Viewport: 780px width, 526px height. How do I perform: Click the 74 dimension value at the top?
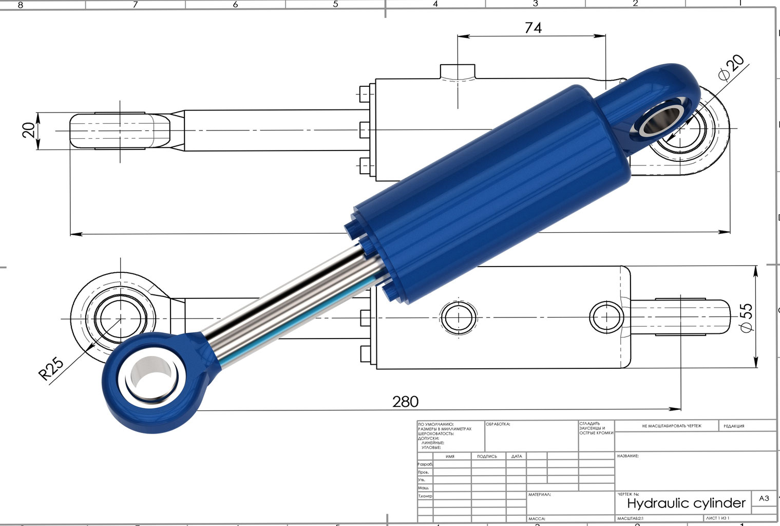tap(533, 28)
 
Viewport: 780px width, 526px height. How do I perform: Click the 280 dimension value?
tap(405, 401)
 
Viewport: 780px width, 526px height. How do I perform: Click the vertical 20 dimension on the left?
tap(30, 130)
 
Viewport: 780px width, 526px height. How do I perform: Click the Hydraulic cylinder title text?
tap(686, 502)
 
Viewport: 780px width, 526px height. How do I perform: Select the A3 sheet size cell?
tap(764, 498)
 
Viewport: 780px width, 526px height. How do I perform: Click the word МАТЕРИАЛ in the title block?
tap(539, 494)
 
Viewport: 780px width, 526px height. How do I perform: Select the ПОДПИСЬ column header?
tap(487, 456)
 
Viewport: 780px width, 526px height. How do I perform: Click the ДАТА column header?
tap(516, 456)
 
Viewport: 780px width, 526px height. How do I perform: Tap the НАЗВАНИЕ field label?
tap(627, 456)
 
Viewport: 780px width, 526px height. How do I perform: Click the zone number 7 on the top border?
tap(135, 5)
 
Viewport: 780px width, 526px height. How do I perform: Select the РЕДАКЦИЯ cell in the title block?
tap(734, 426)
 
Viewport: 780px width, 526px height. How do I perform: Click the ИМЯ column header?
tap(450, 456)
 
